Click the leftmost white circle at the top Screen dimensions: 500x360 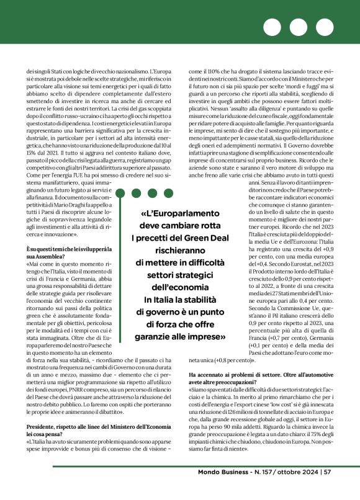point(271,27)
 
